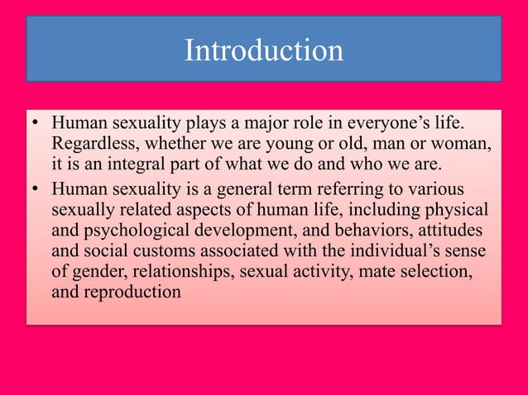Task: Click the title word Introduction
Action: pyautogui.click(x=263, y=51)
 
